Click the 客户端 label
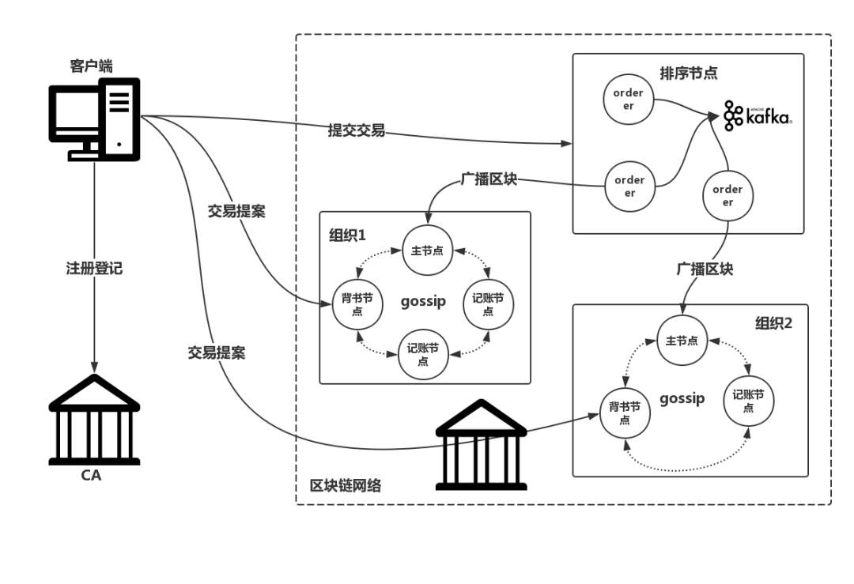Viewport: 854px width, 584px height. [91, 66]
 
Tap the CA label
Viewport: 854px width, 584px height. [91, 475]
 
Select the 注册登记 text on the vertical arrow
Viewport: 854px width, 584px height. [94, 268]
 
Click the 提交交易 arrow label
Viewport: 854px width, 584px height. [356, 130]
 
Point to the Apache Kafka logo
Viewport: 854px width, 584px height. [757, 115]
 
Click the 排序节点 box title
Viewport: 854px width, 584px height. [688, 73]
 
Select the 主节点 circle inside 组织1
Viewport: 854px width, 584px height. [426, 250]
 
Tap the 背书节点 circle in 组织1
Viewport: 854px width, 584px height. [357, 305]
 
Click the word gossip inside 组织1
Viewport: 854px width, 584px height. [423, 301]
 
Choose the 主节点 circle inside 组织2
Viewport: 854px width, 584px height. [682, 341]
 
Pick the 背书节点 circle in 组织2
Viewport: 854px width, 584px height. [625, 413]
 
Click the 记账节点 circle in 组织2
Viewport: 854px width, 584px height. [748, 401]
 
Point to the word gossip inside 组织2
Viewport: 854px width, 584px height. [682, 398]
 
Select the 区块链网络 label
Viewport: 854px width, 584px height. [345, 485]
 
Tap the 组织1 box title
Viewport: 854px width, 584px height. [347, 235]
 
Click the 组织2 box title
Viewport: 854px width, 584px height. [773, 322]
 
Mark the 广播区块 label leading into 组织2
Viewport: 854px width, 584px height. [704, 269]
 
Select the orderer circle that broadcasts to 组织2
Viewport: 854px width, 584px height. [727, 195]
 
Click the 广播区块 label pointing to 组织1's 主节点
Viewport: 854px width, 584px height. [488, 179]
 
